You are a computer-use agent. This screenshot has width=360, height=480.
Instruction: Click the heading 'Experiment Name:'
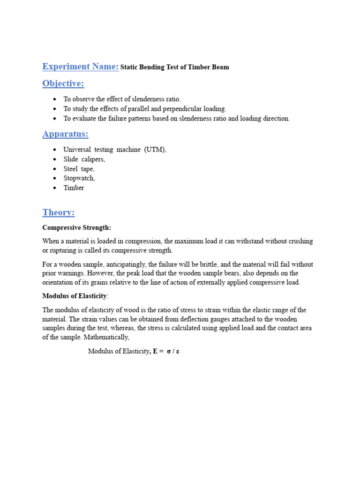80,67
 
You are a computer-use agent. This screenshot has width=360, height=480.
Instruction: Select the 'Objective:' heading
63,83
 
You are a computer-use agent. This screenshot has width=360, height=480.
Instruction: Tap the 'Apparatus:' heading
65,134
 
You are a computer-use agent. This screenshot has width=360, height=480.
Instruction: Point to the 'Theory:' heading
58,212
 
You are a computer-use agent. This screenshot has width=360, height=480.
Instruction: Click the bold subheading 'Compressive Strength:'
77,228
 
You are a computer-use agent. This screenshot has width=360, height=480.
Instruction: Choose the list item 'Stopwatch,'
79,178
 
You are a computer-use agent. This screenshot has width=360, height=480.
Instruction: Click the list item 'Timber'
74,188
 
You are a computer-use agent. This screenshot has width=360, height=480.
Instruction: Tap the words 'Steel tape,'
79,169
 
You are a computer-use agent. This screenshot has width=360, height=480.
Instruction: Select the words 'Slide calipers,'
84,159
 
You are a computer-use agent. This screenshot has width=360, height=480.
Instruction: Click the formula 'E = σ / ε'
166,352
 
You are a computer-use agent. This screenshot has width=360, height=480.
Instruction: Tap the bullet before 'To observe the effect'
55,99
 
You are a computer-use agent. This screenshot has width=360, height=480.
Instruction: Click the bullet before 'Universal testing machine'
55,150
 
